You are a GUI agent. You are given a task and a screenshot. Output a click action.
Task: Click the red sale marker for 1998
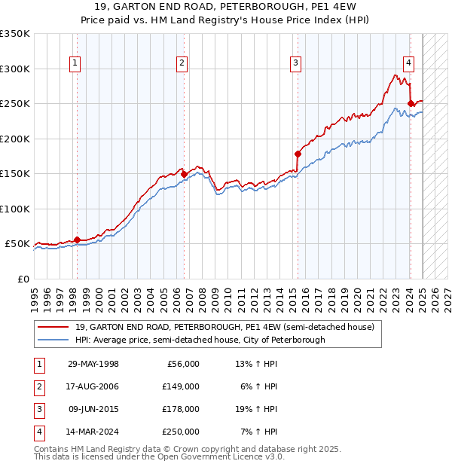point(77,240)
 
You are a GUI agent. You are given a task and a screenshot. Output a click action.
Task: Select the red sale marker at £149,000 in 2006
point(184,174)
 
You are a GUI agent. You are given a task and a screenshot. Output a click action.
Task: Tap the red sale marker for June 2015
point(298,154)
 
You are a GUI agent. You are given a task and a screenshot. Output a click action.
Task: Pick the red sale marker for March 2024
point(411,103)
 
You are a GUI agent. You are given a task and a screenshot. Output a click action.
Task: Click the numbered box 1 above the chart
point(76,63)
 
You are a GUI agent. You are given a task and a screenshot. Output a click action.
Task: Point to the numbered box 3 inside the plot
point(296,63)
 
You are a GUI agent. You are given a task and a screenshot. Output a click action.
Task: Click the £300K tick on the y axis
point(15,69)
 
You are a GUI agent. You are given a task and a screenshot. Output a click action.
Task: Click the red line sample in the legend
point(53,326)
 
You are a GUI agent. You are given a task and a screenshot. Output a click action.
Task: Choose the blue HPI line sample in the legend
point(53,340)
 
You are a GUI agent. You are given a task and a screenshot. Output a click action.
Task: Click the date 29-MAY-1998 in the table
point(93,364)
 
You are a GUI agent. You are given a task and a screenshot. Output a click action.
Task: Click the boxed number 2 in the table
point(38,386)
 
